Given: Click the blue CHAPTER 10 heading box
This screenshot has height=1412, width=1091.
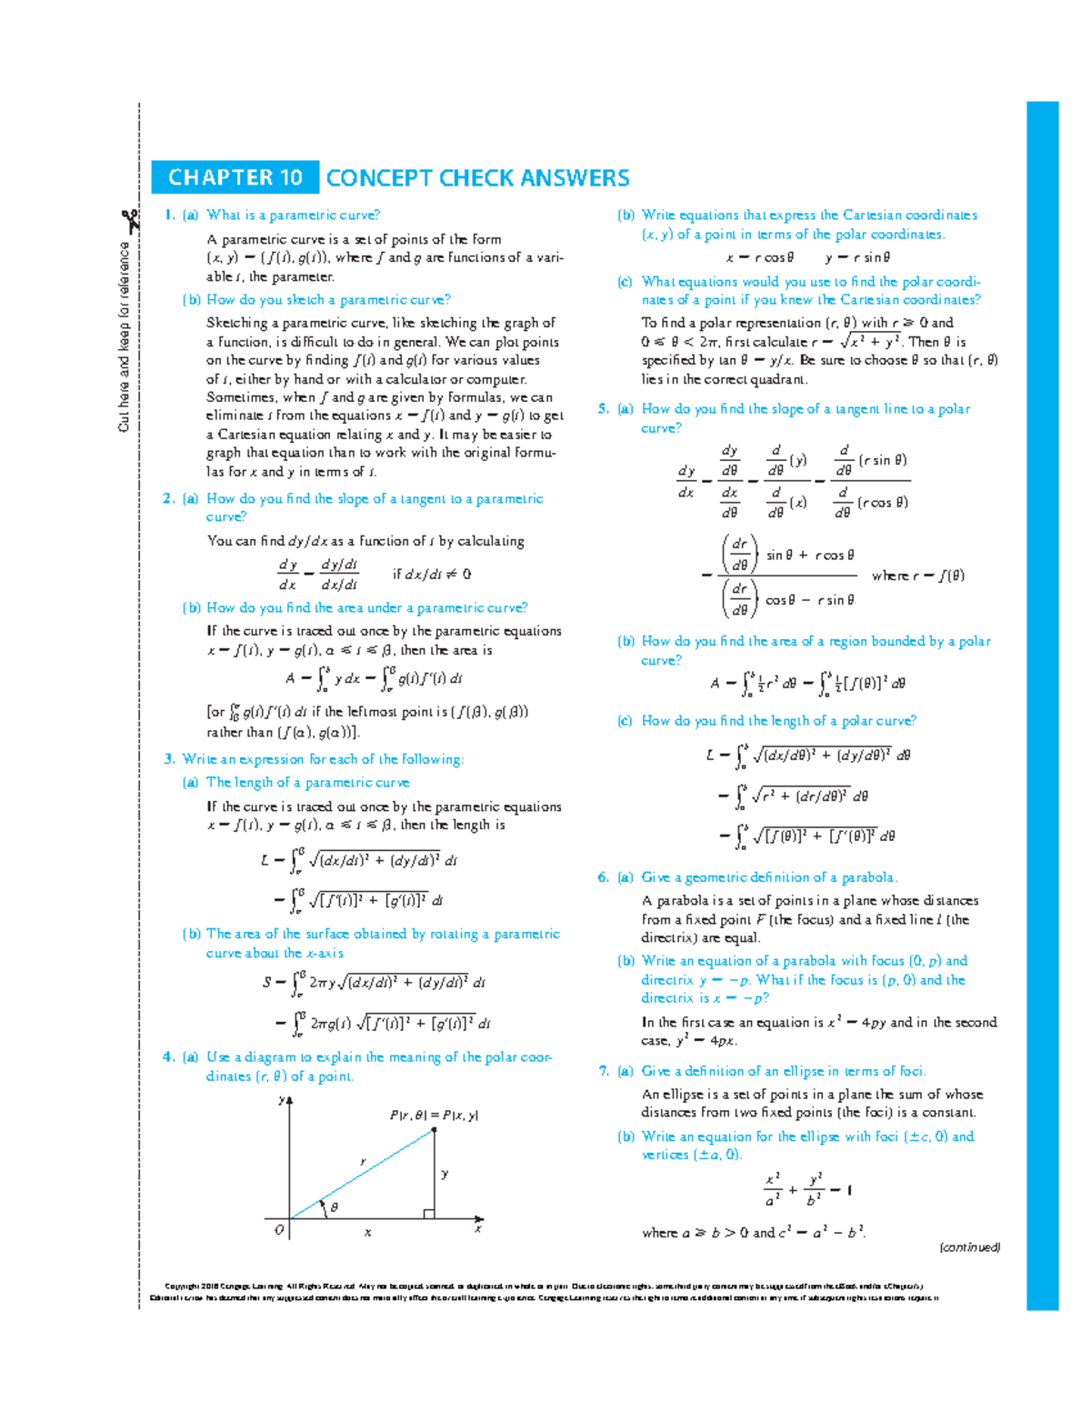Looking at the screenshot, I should tap(235, 177).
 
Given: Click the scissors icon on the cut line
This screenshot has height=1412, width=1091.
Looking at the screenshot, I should tap(130, 220).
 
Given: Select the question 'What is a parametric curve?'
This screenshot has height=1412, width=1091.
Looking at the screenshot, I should tap(293, 215).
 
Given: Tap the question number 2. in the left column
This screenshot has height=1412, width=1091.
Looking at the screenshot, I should tap(168, 498).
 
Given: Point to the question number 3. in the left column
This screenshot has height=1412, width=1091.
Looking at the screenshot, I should tap(168, 759).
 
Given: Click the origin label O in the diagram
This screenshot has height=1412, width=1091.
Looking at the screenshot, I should tap(279, 1230).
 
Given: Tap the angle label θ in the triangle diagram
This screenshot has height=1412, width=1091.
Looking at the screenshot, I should tap(334, 1207).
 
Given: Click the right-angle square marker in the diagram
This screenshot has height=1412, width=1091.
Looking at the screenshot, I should tap(429, 1214).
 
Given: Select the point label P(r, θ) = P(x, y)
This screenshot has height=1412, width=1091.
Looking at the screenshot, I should tap(434, 1116).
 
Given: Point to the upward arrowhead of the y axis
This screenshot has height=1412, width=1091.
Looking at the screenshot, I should tap(290, 1101).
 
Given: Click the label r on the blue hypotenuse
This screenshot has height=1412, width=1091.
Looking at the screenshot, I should tap(362, 1162).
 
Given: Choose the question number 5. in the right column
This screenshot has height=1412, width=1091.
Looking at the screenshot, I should tap(603, 409).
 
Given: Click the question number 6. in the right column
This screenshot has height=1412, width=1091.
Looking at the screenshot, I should tap(603, 877).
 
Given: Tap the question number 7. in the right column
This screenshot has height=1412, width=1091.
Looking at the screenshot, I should tap(603, 1071).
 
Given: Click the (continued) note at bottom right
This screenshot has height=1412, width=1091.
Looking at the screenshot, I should tap(969, 1247).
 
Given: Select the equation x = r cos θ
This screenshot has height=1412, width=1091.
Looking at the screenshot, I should tap(759, 257).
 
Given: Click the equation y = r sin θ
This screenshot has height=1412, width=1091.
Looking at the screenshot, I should tap(857, 257).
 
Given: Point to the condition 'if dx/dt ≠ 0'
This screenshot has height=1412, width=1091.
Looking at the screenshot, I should tap(432, 575).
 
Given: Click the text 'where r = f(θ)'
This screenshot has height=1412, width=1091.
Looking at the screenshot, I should tap(918, 576).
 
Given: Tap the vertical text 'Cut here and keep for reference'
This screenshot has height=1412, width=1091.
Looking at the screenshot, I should tap(124, 336).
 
